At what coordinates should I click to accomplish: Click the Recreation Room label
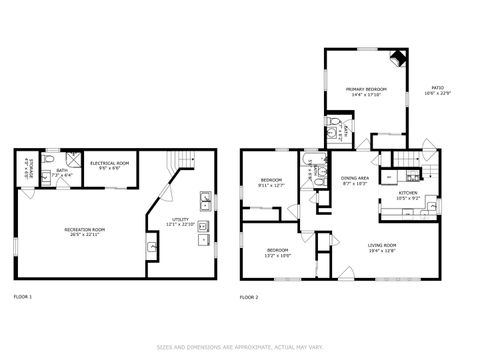coord(85,232)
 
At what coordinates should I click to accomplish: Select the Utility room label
coord(181,220)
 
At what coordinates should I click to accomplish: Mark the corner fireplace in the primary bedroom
coord(398,58)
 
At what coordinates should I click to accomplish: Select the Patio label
coord(438,92)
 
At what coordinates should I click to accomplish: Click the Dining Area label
coord(355,180)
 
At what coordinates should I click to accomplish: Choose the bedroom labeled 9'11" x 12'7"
coord(271,183)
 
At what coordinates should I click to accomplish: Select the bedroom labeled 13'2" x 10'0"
coord(277,252)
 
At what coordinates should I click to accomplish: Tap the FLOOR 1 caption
coord(23,297)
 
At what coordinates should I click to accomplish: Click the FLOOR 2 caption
coord(249,297)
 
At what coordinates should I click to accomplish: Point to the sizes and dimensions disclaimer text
coord(240,347)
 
